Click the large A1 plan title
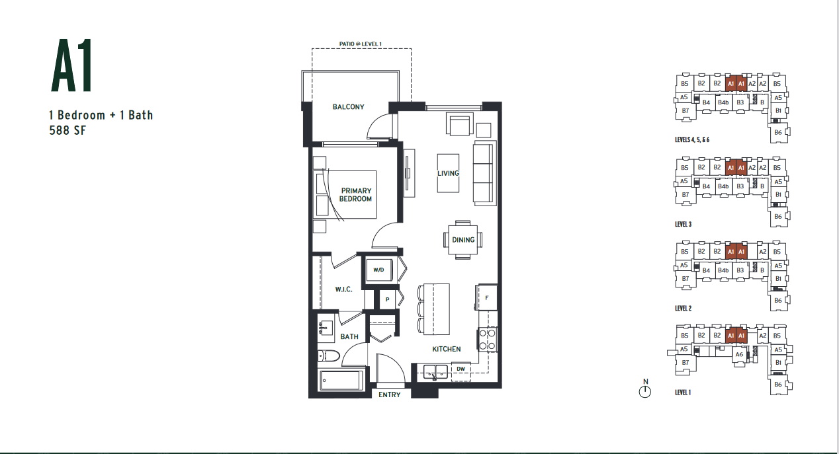tap(72, 65)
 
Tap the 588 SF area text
tap(67, 130)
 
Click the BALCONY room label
tap(348, 107)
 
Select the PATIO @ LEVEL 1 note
tap(361, 44)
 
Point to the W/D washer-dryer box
tap(378, 270)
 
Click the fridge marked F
tap(486, 297)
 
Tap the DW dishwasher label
tap(461, 369)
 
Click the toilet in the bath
tap(328, 356)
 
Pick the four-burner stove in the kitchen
tap(488, 340)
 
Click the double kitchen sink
tap(435, 372)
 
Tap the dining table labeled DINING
tap(463, 240)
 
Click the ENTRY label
tap(390, 395)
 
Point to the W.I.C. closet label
tap(343, 289)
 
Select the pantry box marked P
tap(387, 299)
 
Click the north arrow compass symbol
tap(645, 391)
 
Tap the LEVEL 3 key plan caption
tap(684, 225)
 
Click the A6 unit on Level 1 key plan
tap(739, 354)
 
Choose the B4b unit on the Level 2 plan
tap(723, 270)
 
